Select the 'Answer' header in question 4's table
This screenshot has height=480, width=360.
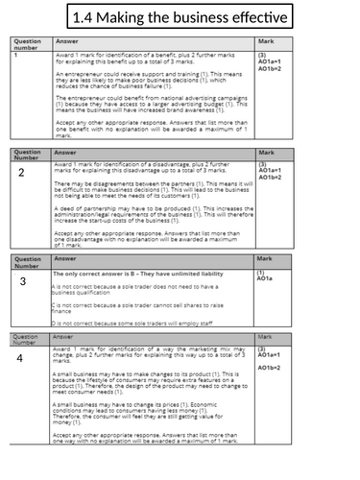coord(65,338)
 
